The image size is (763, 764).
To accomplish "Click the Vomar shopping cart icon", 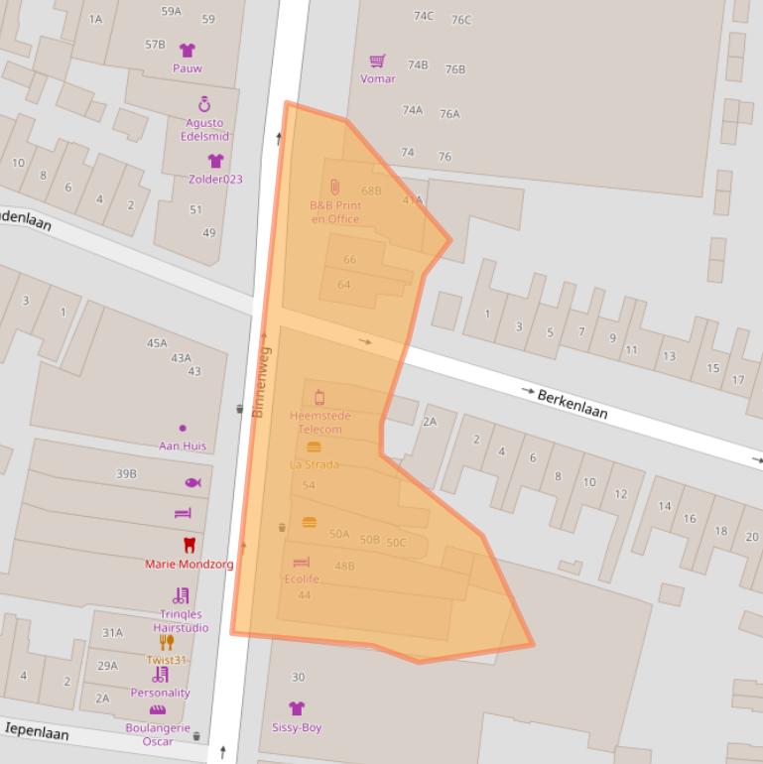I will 377,62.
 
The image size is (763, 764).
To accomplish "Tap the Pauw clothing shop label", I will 188,68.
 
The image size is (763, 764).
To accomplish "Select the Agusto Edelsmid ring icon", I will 204,104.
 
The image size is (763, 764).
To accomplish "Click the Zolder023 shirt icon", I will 215,161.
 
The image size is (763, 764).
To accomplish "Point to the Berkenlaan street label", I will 572,403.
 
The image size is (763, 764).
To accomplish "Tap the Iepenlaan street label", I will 37,731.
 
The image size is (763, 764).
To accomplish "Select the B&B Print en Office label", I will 335,212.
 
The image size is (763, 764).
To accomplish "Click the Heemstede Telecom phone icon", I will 319,398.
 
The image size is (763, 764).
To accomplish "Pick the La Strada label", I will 314,464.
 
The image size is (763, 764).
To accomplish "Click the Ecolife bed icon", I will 302,563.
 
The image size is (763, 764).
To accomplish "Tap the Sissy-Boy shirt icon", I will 297,708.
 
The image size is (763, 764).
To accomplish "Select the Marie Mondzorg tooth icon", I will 189,545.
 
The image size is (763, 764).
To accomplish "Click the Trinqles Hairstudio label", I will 181,621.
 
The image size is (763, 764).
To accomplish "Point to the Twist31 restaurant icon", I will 167,642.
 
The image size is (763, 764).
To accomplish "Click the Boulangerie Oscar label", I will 157,735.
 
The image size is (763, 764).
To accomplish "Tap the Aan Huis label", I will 183,446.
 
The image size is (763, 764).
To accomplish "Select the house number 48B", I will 344,567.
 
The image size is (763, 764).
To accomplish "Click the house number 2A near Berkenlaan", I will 430,422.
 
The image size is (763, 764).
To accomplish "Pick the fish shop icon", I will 192,483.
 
